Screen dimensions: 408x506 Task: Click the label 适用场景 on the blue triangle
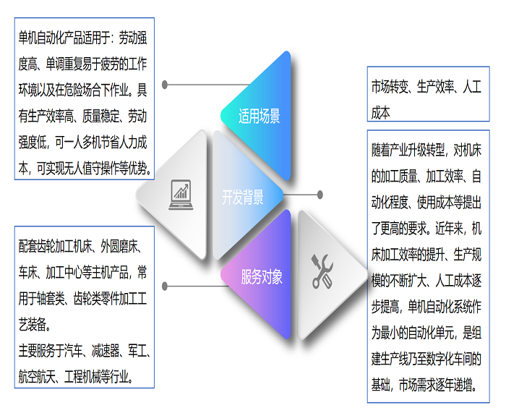point(260,117)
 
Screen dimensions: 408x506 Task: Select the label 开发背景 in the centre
point(243,197)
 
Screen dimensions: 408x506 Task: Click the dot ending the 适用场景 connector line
point(166,85)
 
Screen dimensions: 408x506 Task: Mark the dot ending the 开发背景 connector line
point(320,194)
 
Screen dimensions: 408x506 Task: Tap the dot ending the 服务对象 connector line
point(166,284)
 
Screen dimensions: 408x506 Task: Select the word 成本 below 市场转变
point(381,114)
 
